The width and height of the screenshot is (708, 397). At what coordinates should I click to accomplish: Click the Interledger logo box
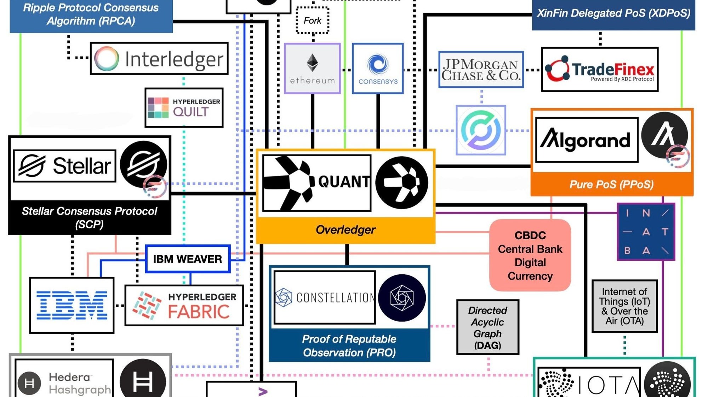click(x=159, y=58)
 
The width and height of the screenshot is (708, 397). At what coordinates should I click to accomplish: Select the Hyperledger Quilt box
click(x=184, y=107)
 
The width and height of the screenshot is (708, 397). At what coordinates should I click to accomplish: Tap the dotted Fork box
click(x=312, y=21)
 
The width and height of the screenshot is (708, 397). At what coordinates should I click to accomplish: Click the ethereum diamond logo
click(x=312, y=63)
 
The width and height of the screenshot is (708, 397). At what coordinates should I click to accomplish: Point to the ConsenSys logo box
click(x=378, y=69)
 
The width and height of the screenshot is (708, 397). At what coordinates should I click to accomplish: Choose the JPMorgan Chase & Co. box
click(x=481, y=70)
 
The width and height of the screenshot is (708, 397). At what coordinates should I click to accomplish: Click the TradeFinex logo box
click(x=600, y=70)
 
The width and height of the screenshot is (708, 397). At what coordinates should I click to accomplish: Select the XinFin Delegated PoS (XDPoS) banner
click(x=613, y=13)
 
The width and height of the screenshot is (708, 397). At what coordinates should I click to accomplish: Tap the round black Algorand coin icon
click(x=664, y=135)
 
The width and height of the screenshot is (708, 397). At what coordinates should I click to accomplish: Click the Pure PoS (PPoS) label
click(x=611, y=184)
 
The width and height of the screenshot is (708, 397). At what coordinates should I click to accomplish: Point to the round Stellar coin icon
click(x=143, y=164)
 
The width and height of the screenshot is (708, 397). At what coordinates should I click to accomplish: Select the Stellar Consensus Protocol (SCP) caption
click(x=90, y=217)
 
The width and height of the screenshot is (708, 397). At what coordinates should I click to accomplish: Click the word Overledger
click(x=346, y=230)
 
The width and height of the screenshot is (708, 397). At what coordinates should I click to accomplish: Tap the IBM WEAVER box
click(x=188, y=259)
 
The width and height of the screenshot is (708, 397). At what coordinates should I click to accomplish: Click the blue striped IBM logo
click(x=72, y=305)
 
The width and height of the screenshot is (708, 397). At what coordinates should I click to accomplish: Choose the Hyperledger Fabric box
click(x=184, y=305)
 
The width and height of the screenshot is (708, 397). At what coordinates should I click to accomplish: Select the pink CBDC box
click(x=530, y=255)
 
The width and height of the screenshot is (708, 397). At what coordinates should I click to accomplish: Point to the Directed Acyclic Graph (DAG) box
click(x=487, y=327)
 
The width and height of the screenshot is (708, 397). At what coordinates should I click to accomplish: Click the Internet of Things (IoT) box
click(x=624, y=306)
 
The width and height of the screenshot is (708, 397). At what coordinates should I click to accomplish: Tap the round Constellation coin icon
click(x=402, y=298)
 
